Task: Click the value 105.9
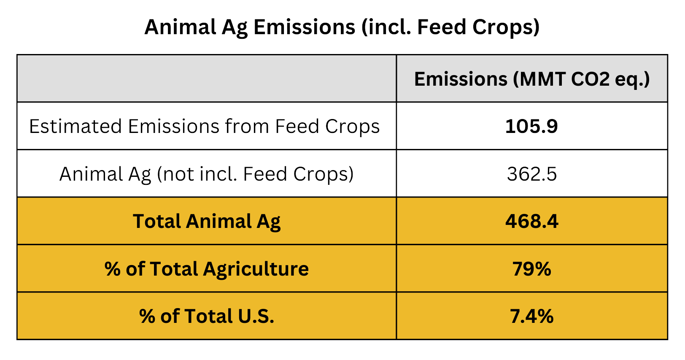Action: pyautogui.click(x=531, y=126)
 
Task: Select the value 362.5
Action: pyautogui.click(x=531, y=174)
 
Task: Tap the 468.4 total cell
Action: pyautogui.click(x=531, y=221)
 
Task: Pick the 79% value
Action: pyautogui.click(x=531, y=269)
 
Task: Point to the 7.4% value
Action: pyautogui.click(x=531, y=316)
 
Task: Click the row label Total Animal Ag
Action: pyautogui.click(x=207, y=221)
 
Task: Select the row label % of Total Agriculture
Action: pyautogui.click(x=207, y=269)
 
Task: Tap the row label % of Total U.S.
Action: pyautogui.click(x=207, y=316)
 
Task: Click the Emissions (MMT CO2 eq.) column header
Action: pyautogui.click(x=531, y=79)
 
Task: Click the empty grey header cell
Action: pyautogui.click(x=207, y=78)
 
